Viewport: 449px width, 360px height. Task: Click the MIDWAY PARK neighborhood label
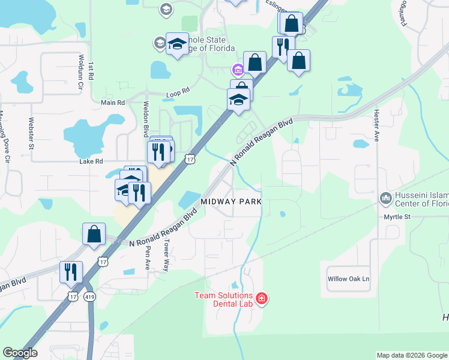231,202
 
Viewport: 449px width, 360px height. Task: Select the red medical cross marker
261,298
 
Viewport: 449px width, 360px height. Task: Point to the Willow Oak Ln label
348,279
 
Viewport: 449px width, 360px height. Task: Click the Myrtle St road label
397,216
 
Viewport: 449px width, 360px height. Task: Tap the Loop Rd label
178,92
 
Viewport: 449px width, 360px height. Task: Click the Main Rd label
113,103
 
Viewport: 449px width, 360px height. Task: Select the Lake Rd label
91,161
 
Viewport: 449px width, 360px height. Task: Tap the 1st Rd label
92,71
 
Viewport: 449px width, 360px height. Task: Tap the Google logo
20,353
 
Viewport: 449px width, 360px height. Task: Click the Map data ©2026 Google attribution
412,355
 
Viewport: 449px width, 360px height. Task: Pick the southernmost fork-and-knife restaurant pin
71,272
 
